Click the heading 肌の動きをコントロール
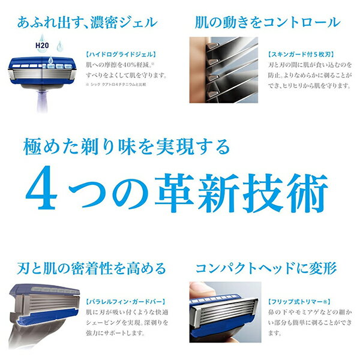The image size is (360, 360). (x=266, y=23)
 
